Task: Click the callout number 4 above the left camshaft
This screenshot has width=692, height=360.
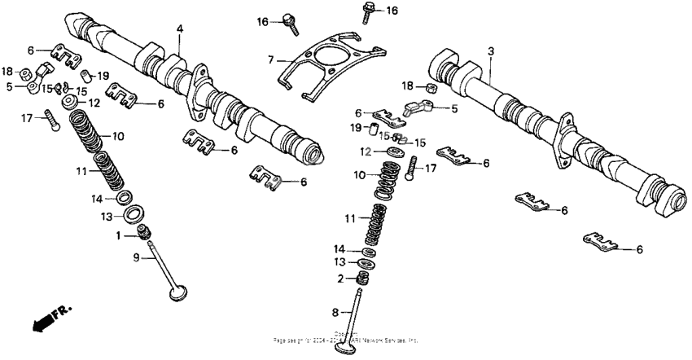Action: (180, 29)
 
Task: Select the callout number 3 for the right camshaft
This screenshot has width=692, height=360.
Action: (491, 51)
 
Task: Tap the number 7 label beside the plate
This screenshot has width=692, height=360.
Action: (274, 59)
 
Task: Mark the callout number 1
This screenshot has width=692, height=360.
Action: (118, 235)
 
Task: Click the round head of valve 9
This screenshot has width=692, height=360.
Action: (176, 290)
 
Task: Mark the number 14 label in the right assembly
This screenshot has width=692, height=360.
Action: (337, 248)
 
